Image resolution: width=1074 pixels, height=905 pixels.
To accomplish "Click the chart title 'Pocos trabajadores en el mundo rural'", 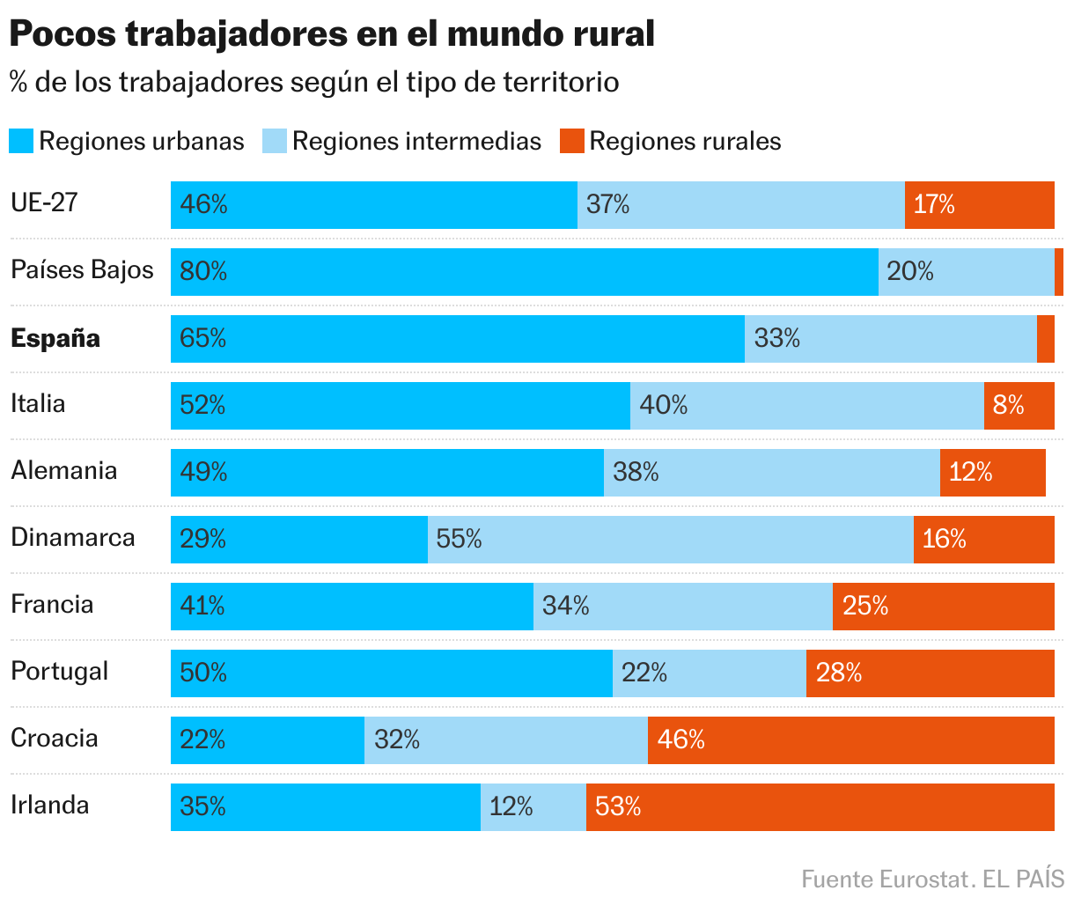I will click(332, 34).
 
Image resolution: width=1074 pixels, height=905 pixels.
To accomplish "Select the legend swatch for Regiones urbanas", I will click(21, 141).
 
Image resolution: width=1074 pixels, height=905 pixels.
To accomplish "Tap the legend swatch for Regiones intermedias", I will click(275, 141).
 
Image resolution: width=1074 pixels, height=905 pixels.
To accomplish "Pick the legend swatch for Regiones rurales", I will click(572, 141).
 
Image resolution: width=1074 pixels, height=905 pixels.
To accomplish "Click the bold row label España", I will click(55, 338).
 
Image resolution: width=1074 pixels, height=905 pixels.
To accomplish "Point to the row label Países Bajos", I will click(82, 270).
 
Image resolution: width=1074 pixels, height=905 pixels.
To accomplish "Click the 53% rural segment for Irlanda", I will click(820, 807).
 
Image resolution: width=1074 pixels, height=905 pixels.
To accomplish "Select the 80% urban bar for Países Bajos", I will click(524, 272).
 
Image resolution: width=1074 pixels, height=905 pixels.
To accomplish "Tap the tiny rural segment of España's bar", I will click(1046, 339).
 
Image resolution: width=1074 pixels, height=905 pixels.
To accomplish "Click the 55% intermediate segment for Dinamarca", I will click(670, 540).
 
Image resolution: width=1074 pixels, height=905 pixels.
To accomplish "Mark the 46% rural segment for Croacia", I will click(850, 740).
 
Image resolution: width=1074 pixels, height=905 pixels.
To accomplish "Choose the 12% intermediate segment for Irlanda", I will click(533, 807).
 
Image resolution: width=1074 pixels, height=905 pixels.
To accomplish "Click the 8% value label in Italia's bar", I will click(1009, 405).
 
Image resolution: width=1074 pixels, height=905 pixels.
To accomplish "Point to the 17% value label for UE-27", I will click(934, 205).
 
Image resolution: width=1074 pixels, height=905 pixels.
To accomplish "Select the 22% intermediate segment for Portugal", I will click(709, 673).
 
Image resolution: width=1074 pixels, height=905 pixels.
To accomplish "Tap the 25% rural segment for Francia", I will click(943, 607).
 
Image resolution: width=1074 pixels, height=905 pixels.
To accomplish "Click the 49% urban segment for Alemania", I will click(386, 473).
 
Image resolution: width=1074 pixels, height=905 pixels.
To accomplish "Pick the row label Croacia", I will click(55, 738).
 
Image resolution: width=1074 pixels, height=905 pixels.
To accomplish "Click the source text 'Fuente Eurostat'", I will click(883, 879).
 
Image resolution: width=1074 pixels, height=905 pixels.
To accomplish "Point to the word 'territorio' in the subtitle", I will click(561, 82).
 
